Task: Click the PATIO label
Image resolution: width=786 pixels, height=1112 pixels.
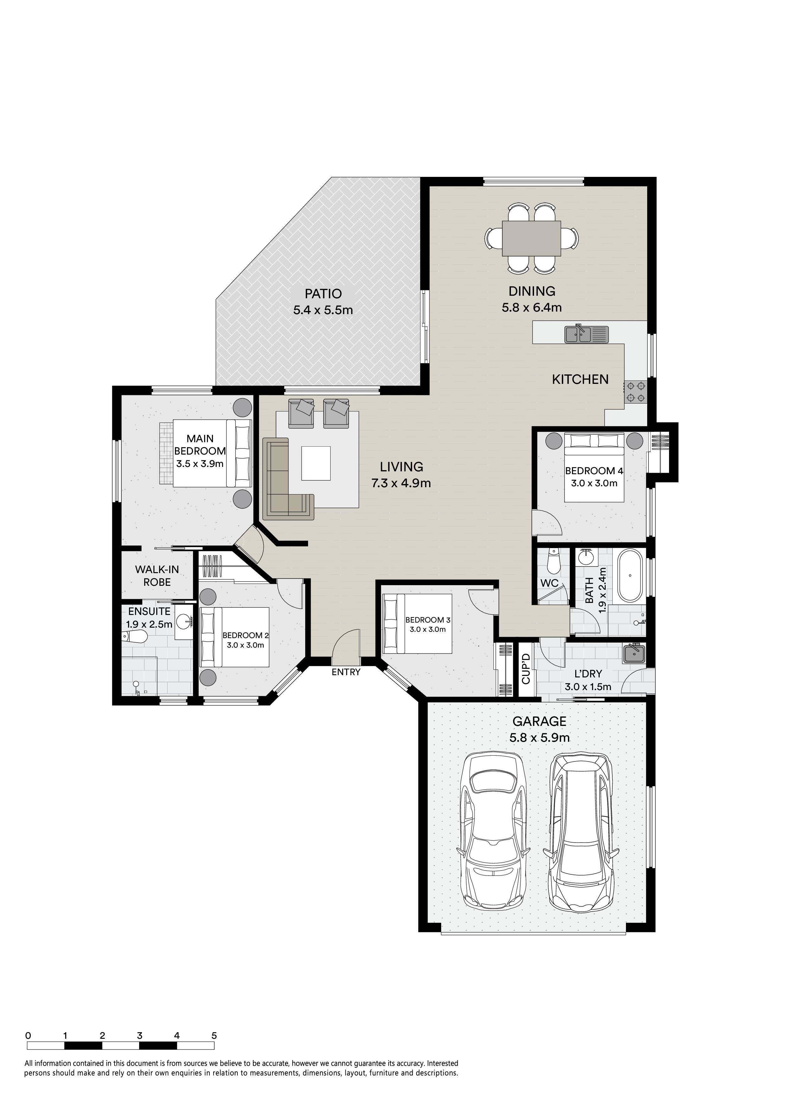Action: (323, 294)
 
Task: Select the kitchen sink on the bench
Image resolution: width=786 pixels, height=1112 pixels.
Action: (586, 334)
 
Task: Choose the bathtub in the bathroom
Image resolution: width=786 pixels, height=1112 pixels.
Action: (629, 575)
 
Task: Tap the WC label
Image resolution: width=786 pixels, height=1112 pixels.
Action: (549, 583)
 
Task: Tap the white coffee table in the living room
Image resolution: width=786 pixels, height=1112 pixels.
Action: (316, 463)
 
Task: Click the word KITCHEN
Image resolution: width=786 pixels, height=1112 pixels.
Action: (580, 379)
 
